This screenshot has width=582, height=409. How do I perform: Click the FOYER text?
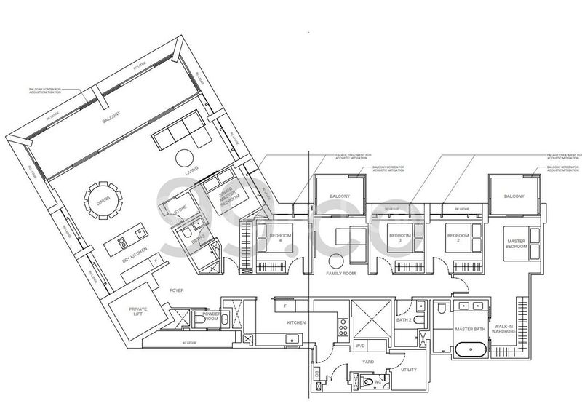(x=176, y=290)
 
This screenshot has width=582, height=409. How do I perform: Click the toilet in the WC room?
(x=369, y=379)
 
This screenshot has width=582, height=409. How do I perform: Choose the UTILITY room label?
(x=408, y=370)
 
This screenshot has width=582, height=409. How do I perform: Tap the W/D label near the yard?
(x=360, y=345)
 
